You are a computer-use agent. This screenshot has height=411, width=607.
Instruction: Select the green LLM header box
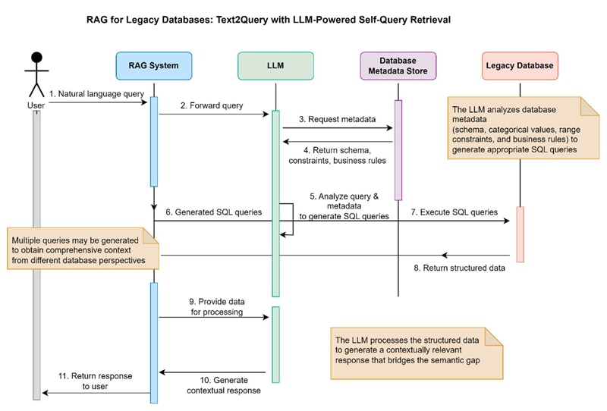click(x=275, y=66)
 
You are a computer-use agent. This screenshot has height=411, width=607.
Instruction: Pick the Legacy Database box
click(x=520, y=66)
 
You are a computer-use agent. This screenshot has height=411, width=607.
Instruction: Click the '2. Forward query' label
click(x=211, y=105)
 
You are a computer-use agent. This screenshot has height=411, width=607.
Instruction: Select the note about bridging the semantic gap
click(x=417, y=351)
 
